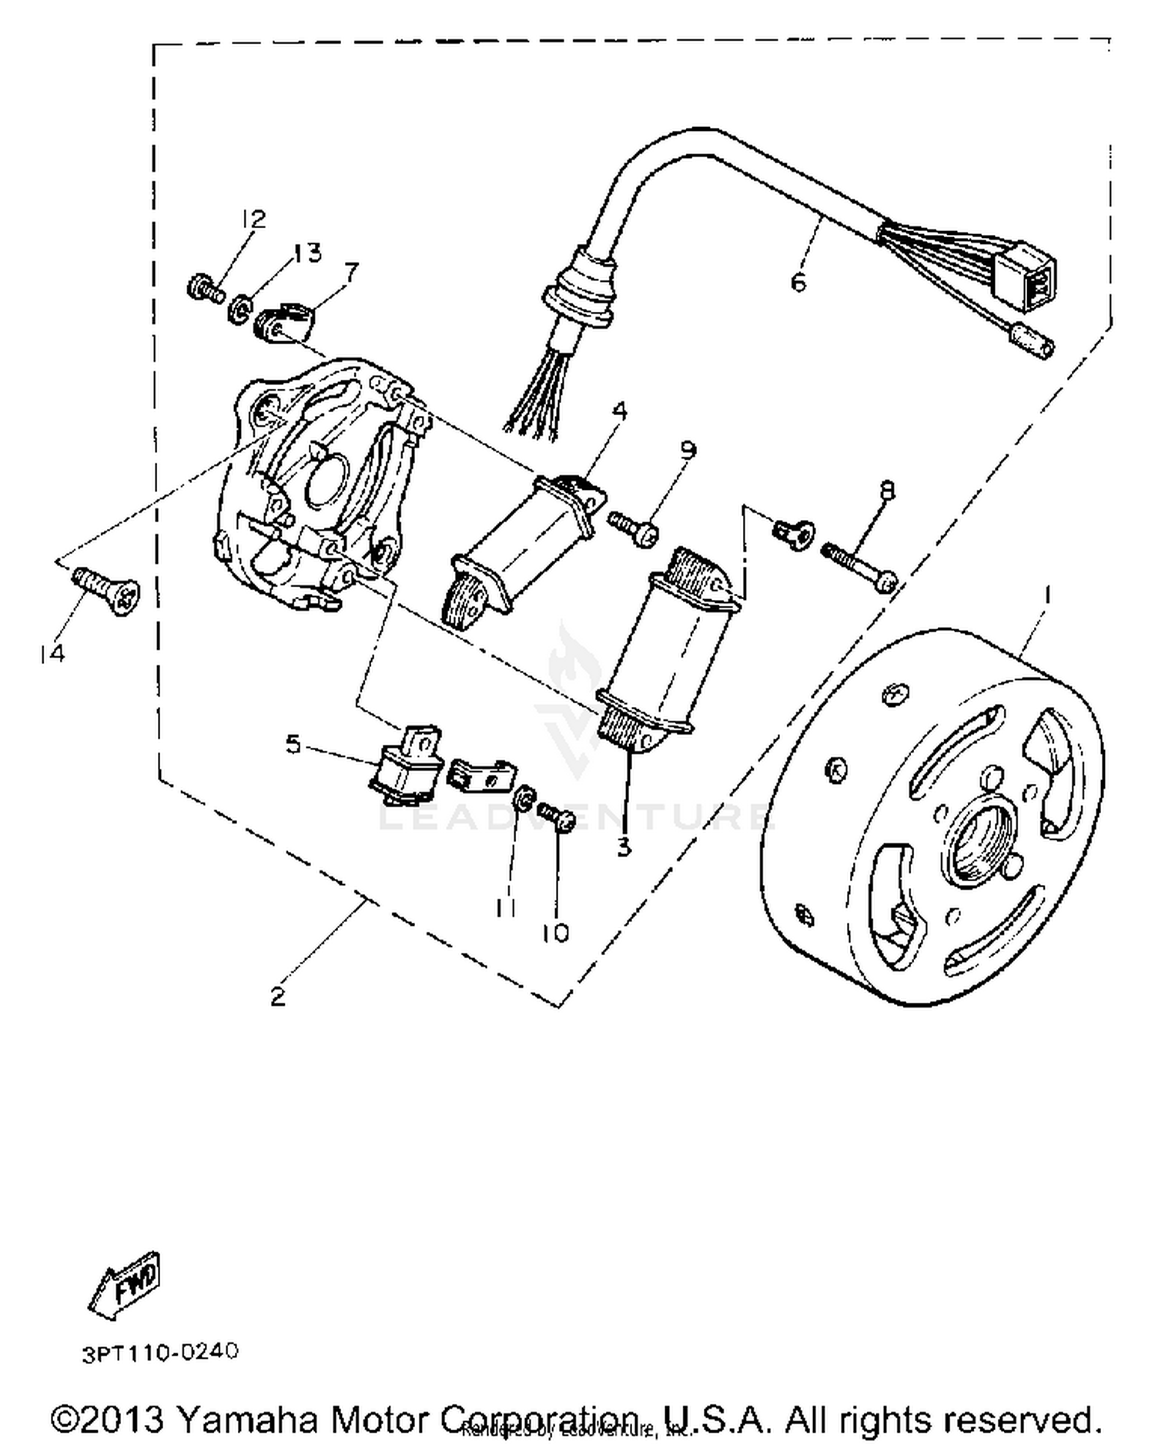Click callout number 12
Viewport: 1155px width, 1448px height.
[253, 219]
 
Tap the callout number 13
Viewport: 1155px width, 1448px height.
[307, 253]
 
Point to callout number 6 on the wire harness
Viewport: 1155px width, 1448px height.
[798, 282]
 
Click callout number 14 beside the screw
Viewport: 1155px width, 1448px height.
[52, 654]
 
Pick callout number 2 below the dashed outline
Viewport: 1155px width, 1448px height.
[277, 996]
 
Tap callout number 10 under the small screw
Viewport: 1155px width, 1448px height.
[554, 933]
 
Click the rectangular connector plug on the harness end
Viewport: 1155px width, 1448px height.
[1023, 275]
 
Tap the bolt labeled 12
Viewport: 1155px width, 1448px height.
[204, 289]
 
